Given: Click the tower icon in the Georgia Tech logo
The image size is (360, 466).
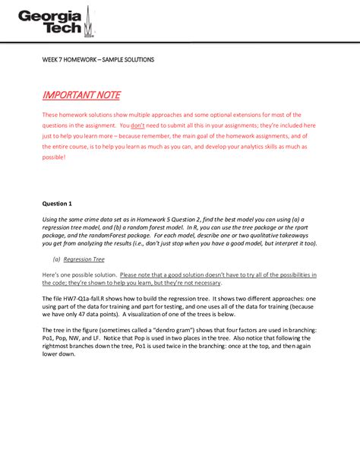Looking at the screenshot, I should (x=90, y=23).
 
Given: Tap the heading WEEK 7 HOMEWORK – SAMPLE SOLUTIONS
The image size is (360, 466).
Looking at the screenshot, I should (x=98, y=59).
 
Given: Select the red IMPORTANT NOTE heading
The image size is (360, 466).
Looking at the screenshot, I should (x=81, y=95).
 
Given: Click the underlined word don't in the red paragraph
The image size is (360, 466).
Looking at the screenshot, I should (x=138, y=125).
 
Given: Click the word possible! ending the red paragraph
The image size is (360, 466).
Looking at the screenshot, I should (x=54, y=157).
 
